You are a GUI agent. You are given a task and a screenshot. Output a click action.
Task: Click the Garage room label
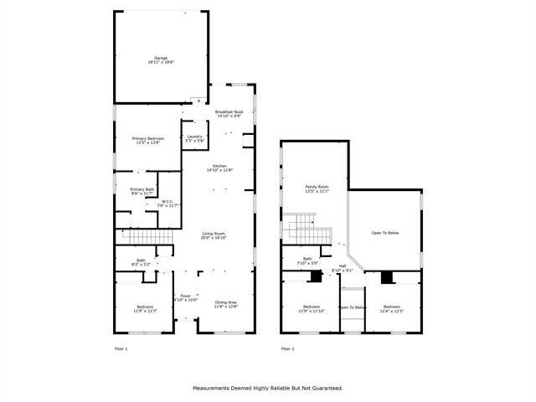[x=160, y=59]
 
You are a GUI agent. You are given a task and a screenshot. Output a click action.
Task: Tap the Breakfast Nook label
[x=229, y=114]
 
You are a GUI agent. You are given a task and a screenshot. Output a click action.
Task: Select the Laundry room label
[x=195, y=138]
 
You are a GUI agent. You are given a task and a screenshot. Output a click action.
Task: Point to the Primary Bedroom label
[x=148, y=140]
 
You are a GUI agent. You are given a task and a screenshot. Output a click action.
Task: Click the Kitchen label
[x=219, y=167]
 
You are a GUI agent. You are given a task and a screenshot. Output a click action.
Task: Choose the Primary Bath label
[x=142, y=191]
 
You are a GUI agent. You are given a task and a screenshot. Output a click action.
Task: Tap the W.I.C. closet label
[x=169, y=203]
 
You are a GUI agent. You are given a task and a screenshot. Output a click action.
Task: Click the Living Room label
[x=214, y=235]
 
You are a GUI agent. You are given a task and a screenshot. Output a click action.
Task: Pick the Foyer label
[x=185, y=297]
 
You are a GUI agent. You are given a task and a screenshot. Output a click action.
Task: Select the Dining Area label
[x=226, y=304]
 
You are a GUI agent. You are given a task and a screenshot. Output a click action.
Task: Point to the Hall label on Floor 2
[x=343, y=268]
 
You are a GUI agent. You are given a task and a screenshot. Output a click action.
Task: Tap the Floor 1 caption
[x=121, y=348]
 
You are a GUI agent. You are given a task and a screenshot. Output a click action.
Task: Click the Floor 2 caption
[x=287, y=348]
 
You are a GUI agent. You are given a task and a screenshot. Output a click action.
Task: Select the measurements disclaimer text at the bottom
[x=268, y=388]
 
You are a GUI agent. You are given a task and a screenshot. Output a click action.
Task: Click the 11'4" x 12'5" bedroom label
[x=392, y=309]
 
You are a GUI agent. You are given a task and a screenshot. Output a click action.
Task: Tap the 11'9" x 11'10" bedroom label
[x=312, y=309]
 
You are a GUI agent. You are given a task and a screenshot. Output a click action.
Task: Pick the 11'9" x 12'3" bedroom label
[x=144, y=309]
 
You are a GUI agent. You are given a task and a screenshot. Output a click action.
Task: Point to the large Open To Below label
[x=385, y=232]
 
